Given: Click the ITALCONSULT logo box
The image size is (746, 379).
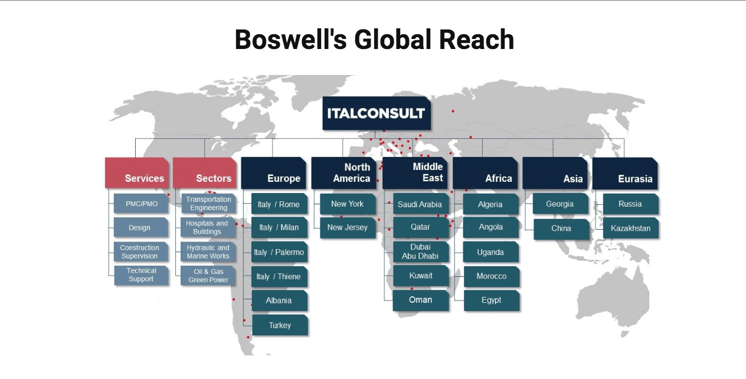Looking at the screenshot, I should click(377, 113).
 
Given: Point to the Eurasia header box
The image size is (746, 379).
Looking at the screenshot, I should click(625, 173).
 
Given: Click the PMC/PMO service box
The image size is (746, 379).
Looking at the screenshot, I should click(142, 204).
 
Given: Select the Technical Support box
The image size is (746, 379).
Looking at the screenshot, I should click(141, 275).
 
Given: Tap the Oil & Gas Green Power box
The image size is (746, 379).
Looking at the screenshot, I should click(208, 276).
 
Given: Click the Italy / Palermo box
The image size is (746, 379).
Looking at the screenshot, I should click(279, 252).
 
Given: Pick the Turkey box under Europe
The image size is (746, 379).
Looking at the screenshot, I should click(280, 325).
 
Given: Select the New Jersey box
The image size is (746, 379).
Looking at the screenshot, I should click(348, 227).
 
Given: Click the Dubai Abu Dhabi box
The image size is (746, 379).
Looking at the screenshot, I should click(421, 251).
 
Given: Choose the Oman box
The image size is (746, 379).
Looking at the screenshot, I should click(421, 300).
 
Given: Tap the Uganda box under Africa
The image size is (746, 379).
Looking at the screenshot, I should click(491, 252).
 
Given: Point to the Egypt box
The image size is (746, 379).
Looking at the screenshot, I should click(491, 300).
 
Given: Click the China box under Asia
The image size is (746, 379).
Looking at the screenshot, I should click(561, 228).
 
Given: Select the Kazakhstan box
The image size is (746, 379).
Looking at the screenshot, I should click(631, 228).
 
